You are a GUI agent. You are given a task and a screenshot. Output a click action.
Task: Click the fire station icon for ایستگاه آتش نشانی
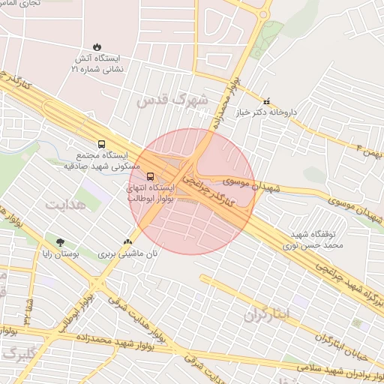click(97, 46)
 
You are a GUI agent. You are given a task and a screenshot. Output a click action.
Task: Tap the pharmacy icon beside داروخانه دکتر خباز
click(265, 100)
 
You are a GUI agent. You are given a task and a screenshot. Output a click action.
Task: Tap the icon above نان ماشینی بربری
click(128, 241)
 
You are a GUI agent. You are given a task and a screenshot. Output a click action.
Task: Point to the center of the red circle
click(191, 191)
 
